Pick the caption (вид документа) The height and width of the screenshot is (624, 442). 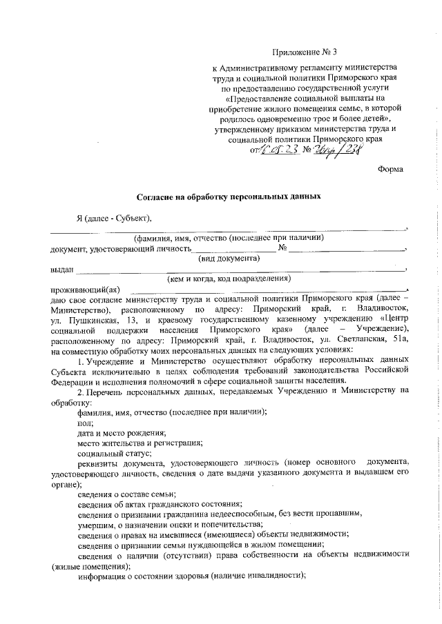[229, 258]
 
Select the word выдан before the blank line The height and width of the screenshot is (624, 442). [61, 269]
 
